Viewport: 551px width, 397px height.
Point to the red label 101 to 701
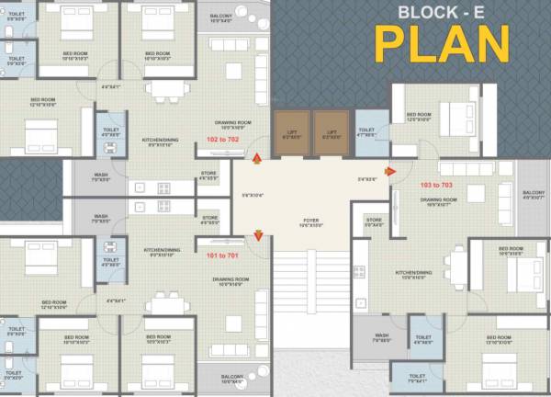tap(222, 255)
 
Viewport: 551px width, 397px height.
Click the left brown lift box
tap(292, 130)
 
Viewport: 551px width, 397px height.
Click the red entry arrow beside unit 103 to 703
tap(390, 170)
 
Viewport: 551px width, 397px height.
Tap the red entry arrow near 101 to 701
tap(258, 235)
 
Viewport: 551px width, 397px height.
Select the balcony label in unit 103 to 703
tap(534, 194)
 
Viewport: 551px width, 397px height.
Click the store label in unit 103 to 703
tap(374, 221)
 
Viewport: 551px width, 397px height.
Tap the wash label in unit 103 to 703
tap(380, 337)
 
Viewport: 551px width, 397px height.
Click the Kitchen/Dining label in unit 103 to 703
tap(412, 274)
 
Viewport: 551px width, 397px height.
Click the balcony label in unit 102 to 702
tap(245, 17)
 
